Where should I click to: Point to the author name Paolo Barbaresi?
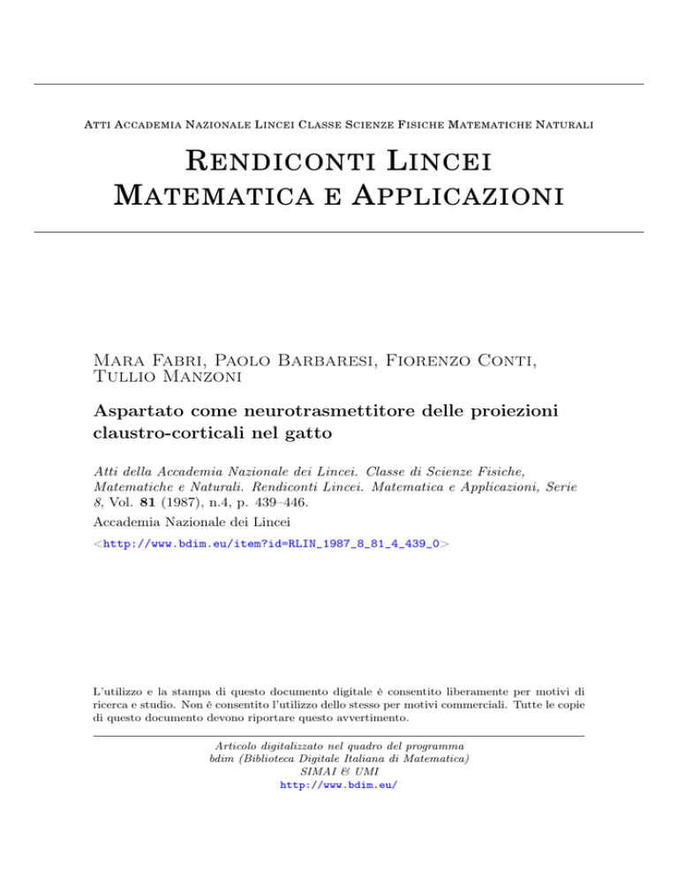click(307, 356)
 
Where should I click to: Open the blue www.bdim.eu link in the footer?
click(338, 783)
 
